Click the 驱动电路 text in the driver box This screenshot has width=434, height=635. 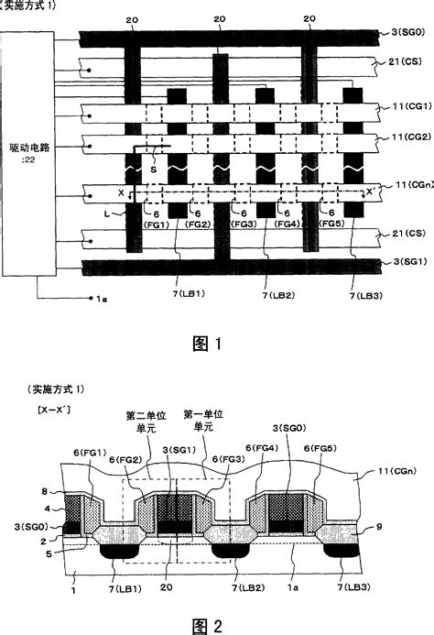(28, 149)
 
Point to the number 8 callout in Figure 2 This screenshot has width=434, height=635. (35, 492)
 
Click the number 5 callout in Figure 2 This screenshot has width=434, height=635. (35, 553)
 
